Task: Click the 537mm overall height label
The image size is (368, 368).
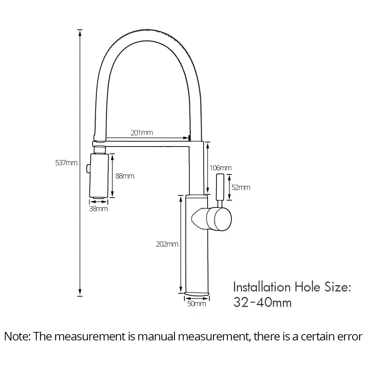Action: pos(66,163)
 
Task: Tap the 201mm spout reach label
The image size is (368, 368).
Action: pos(142,133)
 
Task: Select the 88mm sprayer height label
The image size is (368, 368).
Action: pos(125,176)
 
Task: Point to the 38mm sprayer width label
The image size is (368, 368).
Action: pos(99,209)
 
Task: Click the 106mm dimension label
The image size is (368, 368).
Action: pos(220,168)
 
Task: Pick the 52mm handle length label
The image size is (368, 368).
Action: pos(241,188)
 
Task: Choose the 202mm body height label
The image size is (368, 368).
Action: pos(167,244)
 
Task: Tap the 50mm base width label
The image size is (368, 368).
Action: pos(197,304)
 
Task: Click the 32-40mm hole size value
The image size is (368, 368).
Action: pos(262,302)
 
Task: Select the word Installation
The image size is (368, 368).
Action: pos(262,287)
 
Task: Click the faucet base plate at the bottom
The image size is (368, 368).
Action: pos(197,294)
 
